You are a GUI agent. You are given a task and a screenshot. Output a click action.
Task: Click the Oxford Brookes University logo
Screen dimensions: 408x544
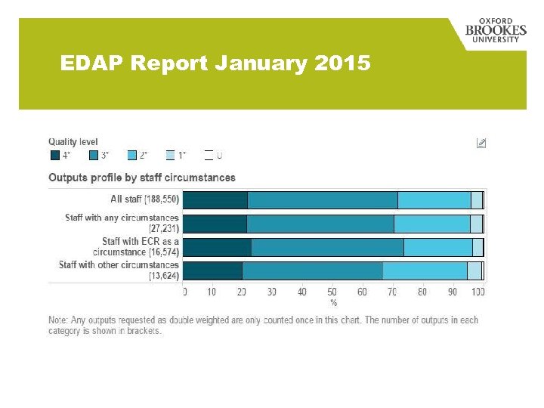tap(496, 31)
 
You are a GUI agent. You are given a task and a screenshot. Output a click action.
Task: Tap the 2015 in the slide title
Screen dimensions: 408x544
tap(342, 63)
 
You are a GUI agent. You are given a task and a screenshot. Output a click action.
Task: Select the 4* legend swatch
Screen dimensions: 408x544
tap(54, 155)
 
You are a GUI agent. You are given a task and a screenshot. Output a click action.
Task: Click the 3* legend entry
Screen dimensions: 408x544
tap(99, 155)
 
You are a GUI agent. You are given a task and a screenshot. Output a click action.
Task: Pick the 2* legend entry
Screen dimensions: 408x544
tap(138, 155)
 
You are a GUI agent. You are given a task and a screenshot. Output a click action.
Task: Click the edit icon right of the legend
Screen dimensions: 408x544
tap(481, 142)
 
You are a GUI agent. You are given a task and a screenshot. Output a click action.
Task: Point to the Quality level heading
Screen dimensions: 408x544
tap(73, 141)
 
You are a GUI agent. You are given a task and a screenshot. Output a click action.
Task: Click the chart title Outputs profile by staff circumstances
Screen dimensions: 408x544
tap(141, 178)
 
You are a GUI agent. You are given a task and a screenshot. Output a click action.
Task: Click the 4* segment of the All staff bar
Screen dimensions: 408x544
tap(215, 200)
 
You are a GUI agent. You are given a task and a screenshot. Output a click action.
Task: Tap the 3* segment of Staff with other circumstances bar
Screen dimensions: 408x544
tap(312, 270)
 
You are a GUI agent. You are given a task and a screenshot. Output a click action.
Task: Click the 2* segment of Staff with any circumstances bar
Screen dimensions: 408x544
tap(431, 224)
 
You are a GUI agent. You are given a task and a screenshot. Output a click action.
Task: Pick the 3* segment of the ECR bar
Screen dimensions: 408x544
tap(327, 247)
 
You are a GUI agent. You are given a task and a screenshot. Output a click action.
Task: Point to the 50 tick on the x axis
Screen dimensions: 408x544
tap(332, 292)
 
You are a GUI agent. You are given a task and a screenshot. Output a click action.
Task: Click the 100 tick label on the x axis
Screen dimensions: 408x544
tap(478, 292)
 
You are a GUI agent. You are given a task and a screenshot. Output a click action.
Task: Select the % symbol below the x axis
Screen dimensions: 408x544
tap(333, 302)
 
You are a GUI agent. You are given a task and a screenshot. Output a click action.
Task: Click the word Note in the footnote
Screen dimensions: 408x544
tap(58, 320)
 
